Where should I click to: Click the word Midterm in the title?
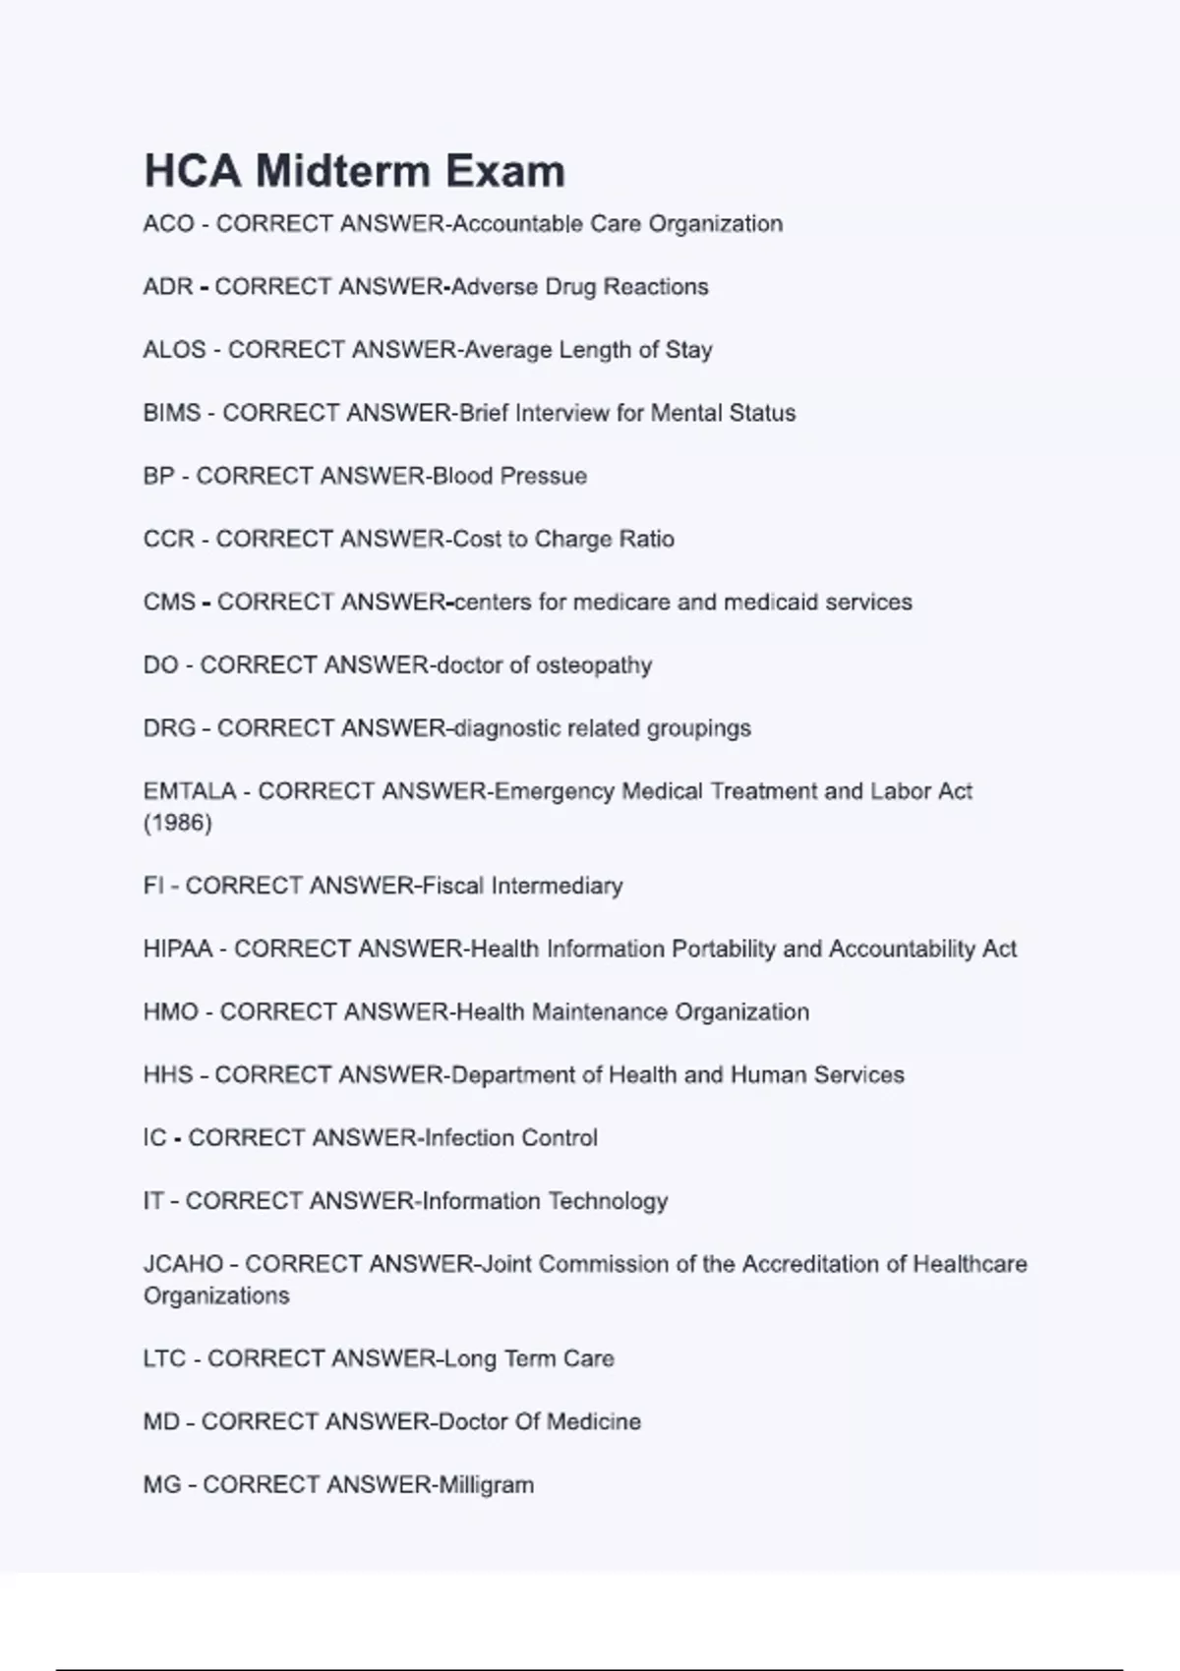(x=349, y=171)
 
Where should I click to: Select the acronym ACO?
(x=168, y=224)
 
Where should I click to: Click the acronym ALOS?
(x=174, y=350)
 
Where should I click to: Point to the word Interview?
(x=561, y=413)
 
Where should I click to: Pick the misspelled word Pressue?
(x=543, y=476)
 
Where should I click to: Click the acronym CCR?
(x=168, y=539)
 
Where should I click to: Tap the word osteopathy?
(x=593, y=665)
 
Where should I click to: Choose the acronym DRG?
(x=169, y=728)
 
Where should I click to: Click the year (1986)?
(x=177, y=823)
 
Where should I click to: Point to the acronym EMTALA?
(x=190, y=791)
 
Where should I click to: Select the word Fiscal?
(x=452, y=886)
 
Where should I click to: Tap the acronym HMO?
(x=170, y=1011)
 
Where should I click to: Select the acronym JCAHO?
(x=183, y=1264)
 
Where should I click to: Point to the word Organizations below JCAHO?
(x=216, y=1296)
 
